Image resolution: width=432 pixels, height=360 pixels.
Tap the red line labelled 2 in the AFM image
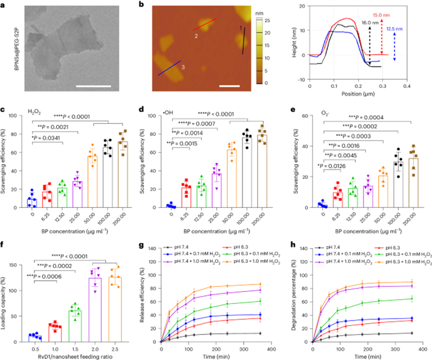click(x=205, y=24)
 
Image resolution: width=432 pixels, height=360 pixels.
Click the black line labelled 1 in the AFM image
click(x=244, y=40)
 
